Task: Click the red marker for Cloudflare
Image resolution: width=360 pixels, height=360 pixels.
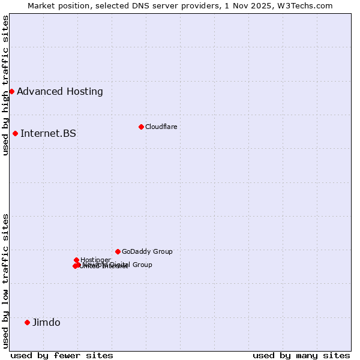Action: coord(141,127)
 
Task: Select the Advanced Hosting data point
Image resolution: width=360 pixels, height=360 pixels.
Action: coord(11,91)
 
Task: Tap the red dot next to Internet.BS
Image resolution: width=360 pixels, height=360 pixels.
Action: coord(15,133)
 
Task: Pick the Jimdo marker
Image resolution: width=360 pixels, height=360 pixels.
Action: coord(27,322)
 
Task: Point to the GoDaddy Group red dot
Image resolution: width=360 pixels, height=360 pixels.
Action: coord(118,251)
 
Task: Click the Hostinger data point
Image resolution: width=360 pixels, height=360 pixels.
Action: coord(76,260)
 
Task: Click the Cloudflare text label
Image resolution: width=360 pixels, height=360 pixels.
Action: coord(161,127)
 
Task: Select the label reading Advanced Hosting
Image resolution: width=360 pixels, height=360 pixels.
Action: coord(60,92)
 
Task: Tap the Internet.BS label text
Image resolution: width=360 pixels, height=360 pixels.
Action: coord(48,134)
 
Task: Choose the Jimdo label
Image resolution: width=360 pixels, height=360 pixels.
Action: coord(46,323)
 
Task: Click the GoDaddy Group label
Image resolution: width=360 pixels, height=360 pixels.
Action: coord(147,252)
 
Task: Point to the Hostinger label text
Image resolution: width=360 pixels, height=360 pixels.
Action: coord(95,260)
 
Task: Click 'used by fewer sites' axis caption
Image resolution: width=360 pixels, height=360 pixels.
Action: coord(62,355)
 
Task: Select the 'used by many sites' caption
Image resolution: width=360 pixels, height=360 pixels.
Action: coord(301,355)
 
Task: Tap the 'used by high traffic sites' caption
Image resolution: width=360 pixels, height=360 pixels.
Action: coord(6,85)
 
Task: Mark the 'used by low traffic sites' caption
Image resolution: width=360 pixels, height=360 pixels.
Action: coord(6,280)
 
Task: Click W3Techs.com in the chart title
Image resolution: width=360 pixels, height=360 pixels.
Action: coord(304,5)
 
